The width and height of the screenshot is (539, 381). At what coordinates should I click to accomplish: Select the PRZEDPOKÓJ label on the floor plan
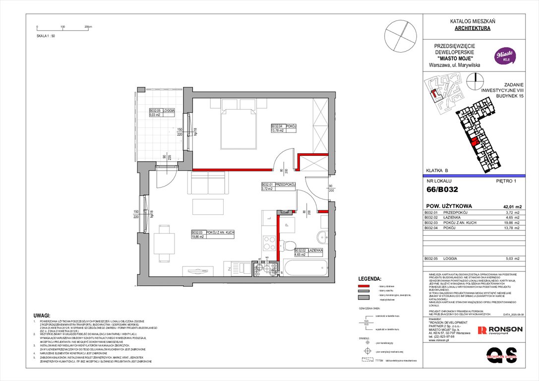click(x=287, y=185)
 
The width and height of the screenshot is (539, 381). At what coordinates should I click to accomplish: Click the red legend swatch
click(x=363, y=287)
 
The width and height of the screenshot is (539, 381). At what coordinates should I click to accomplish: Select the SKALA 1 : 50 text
click(x=46, y=36)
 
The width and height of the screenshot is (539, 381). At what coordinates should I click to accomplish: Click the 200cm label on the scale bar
click(x=88, y=27)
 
